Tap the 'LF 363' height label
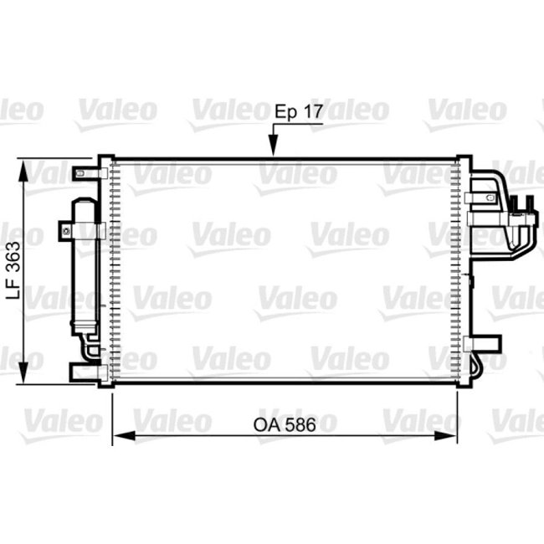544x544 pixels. pyautogui.click(x=13, y=269)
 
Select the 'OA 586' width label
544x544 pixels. pyautogui.click(x=284, y=425)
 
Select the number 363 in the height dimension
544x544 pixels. pyautogui.click(x=13, y=256)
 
